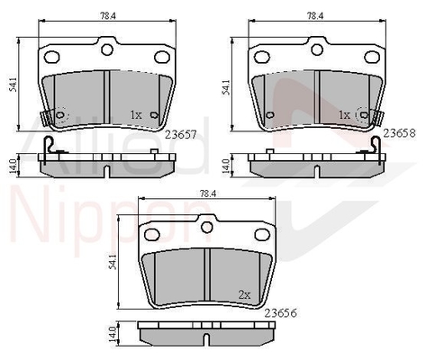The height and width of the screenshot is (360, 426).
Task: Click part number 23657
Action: (x=181, y=135)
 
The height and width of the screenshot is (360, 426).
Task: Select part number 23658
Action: (x=400, y=133)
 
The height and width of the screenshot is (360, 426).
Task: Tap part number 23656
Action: (x=281, y=313)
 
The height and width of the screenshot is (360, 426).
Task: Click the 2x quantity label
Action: (x=244, y=295)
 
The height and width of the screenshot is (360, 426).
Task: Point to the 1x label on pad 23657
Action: (x=136, y=114)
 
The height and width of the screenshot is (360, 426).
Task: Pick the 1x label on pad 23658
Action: (x=344, y=114)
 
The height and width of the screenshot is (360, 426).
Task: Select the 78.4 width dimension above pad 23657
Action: (x=108, y=16)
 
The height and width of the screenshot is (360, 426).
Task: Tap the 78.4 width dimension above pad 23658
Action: (x=314, y=16)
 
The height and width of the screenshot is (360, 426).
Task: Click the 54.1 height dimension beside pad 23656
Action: (x=113, y=261)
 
